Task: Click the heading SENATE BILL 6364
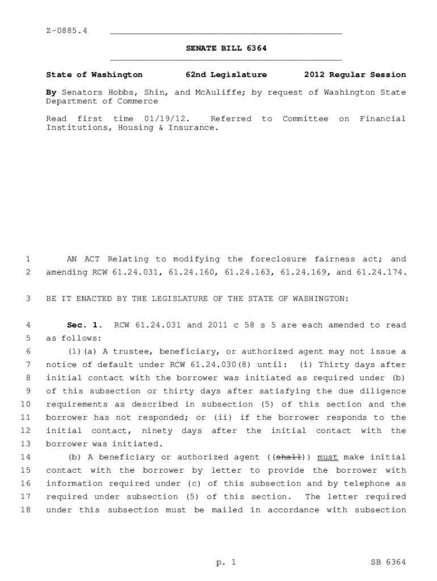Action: click(x=226, y=49)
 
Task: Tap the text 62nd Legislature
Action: click(x=226, y=75)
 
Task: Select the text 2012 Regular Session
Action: click(x=355, y=75)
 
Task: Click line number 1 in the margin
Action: click(x=27, y=259)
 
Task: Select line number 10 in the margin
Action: click(x=25, y=405)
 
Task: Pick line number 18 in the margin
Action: click(x=25, y=510)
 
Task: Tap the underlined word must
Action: click(x=327, y=457)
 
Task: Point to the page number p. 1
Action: click(x=226, y=562)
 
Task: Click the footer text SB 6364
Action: click(x=388, y=562)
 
